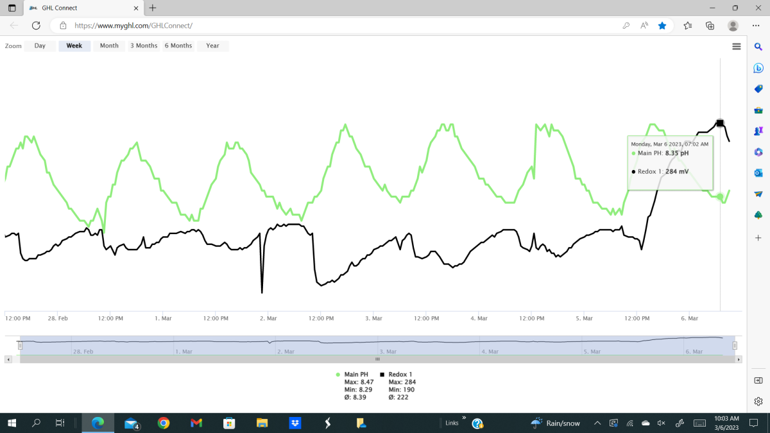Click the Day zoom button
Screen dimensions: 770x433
click(x=40, y=46)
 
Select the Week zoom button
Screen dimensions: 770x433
click(x=74, y=46)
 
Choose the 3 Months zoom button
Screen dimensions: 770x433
click(x=144, y=46)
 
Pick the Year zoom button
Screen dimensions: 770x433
click(x=213, y=46)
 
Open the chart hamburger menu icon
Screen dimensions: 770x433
click(x=737, y=46)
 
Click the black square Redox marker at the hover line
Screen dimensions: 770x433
click(x=720, y=123)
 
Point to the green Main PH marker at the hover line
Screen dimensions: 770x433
click(x=720, y=197)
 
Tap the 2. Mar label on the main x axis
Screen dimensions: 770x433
click(x=268, y=318)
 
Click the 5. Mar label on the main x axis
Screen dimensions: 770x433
click(x=585, y=318)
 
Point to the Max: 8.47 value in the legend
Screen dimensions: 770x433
click(x=359, y=382)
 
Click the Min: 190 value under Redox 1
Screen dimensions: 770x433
click(x=402, y=390)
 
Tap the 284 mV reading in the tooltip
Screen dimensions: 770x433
click(x=677, y=171)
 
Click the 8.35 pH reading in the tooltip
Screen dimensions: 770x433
click(x=677, y=153)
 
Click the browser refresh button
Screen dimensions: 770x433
click(x=36, y=26)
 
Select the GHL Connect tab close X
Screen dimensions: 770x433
click(x=136, y=8)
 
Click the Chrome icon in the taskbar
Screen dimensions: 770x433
click(x=164, y=423)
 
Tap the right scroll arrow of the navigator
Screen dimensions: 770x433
click(x=739, y=359)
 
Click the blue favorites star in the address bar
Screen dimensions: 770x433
click(x=662, y=26)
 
